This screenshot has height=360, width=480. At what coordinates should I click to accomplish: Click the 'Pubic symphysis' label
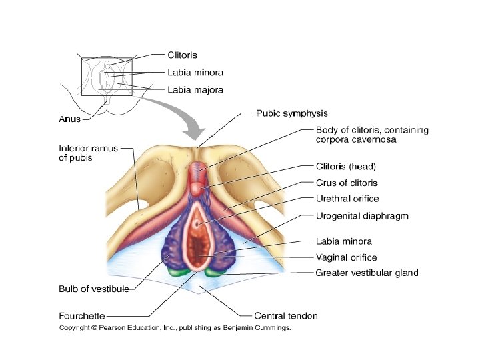(291, 113)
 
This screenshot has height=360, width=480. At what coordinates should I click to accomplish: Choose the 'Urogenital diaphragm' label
(361, 215)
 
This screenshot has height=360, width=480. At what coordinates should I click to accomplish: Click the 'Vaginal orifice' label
(346, 257)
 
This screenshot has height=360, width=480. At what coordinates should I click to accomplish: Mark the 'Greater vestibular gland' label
(367, 273)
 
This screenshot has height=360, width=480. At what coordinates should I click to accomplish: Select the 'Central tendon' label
(286, 315)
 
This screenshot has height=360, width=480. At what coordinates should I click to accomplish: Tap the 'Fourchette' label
(81, 315)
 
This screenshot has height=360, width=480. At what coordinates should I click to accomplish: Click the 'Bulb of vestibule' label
(93, 289)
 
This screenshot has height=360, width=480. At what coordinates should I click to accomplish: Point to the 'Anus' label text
(69, 120)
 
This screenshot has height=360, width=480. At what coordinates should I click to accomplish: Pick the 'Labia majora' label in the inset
(195, 89)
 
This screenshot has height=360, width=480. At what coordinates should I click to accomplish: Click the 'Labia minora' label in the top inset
(195, 72)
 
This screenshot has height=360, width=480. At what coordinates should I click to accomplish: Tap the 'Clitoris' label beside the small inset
(182, 55)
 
